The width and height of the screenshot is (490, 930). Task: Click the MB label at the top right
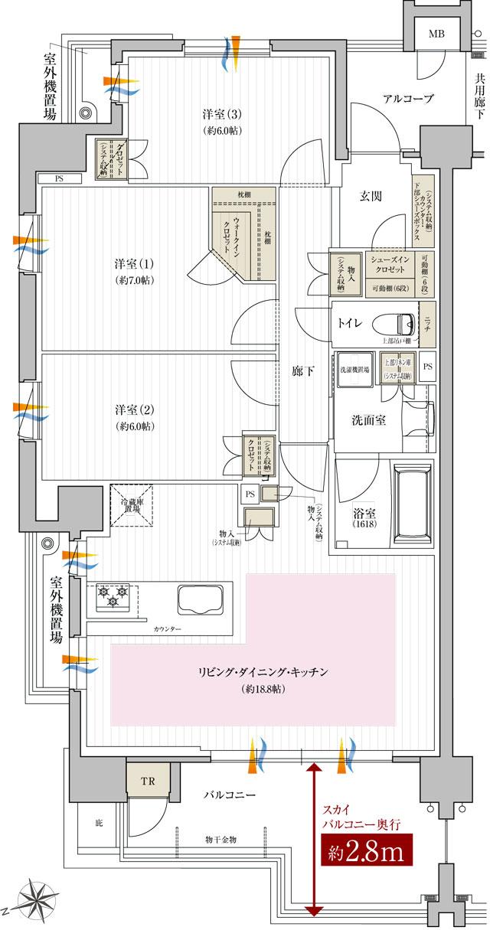click(x=436, y=34)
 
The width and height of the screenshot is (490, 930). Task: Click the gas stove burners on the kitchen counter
click(x=112, y=596)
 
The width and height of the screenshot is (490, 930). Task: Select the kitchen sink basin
click(x=198, y=597)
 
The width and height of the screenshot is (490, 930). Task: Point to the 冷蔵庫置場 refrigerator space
click(x=136, y=506)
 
